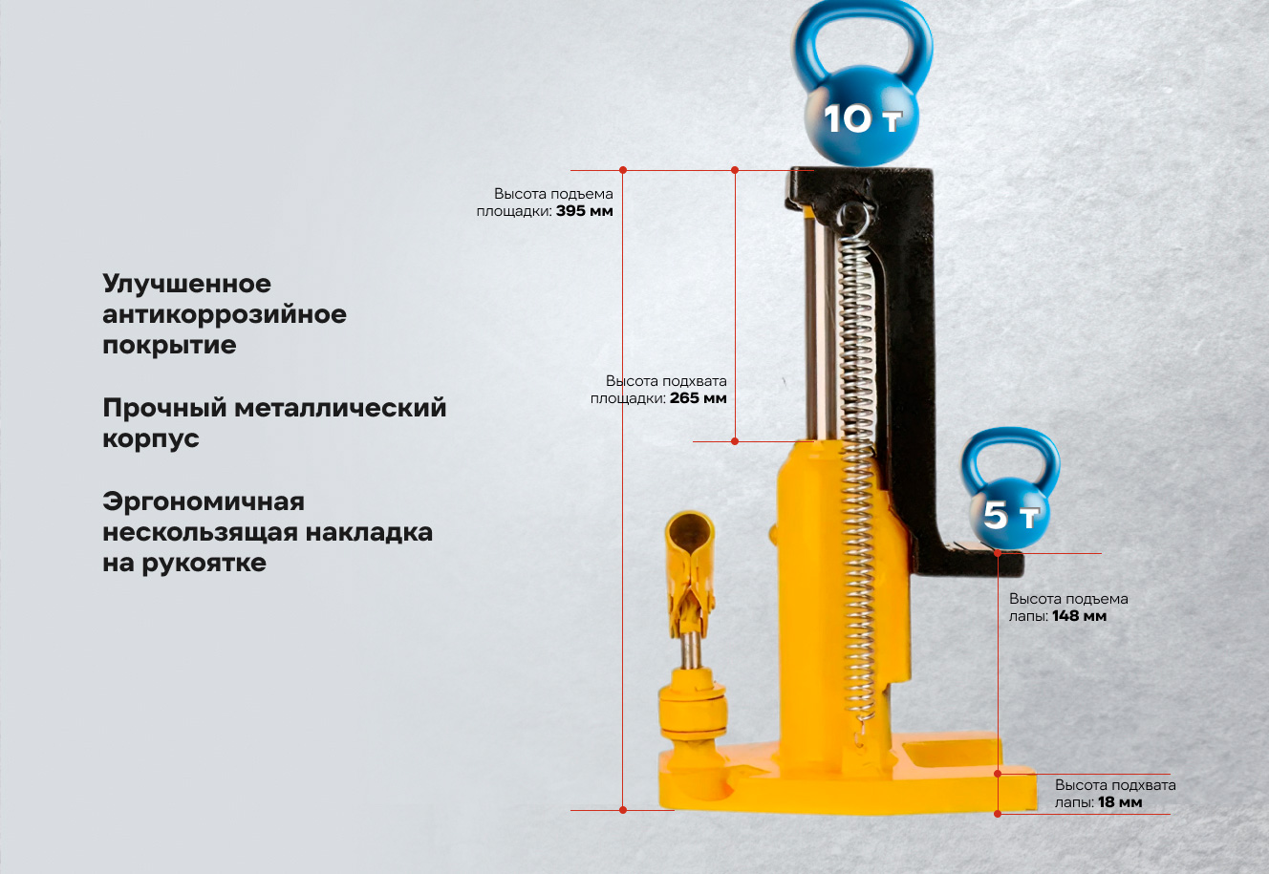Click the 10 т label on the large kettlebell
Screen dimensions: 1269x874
[863, 119]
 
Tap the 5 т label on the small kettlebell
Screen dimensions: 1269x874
[1011, 515]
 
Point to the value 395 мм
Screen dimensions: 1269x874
[584, 211]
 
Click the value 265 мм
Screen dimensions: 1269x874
[698, 398]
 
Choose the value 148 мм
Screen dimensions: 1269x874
[1079, 616]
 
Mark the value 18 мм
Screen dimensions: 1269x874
[1120, 802]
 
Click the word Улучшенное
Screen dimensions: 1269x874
[187, 284]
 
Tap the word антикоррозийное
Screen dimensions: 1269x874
[225, 314]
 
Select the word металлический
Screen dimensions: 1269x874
[340, 408]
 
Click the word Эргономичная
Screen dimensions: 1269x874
[204, 501]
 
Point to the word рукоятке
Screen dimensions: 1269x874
[204, 563]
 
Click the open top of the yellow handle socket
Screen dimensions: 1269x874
[689, 527]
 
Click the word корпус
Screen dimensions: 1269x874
[151, 439]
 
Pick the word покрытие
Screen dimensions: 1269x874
[169, 346]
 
